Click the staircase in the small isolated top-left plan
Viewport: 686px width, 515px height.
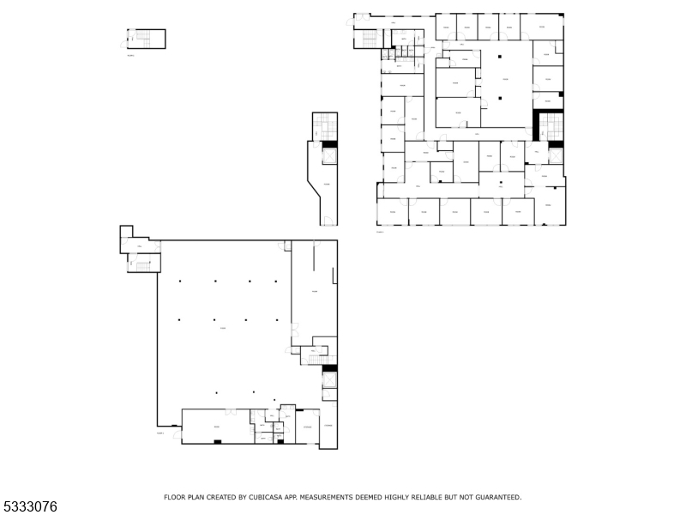(142, 38)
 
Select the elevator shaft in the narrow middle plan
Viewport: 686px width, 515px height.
(328, 156)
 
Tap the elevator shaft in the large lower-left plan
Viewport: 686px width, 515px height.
(329, 380)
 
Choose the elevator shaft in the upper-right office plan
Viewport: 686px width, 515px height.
(555, 155)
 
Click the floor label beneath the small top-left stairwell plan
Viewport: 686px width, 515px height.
(130, 53)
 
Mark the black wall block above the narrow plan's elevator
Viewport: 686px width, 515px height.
(328, 144)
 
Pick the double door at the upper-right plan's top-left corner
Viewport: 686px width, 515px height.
(362, 16)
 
